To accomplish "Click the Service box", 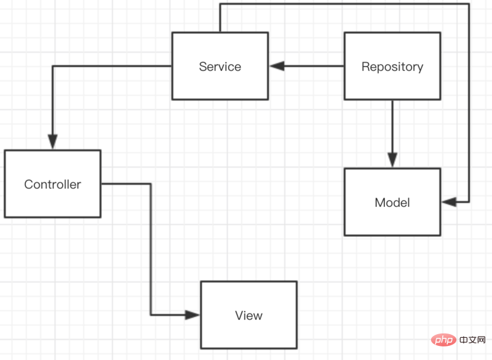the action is [x=220, y=66].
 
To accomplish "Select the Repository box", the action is [x=392, y=66].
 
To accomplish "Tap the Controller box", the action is [x=53, y=183].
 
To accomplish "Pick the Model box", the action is [x=392, y=202].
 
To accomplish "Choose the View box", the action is [x=249, y=315].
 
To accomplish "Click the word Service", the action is [x=220, y=66].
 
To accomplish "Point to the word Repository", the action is [x=392, y=67].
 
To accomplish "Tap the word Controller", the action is [x=53, y=184].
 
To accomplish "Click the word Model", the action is [x=392, y=202].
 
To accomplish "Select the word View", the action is [x=249, y=316].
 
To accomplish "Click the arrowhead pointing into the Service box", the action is [x=277, y=66].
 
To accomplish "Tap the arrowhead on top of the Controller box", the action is [x=53, y=142].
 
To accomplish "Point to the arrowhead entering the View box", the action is [x=192, y=315].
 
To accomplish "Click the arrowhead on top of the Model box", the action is [x=392, y=160].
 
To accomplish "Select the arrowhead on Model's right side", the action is [x=449, y=202].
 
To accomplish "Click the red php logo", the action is [x=443, y=340].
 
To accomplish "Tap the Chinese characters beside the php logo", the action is [x=472, y=340].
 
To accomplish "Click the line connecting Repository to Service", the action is [x=307, y=66].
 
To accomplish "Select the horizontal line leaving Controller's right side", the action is [x=126, y=183].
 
